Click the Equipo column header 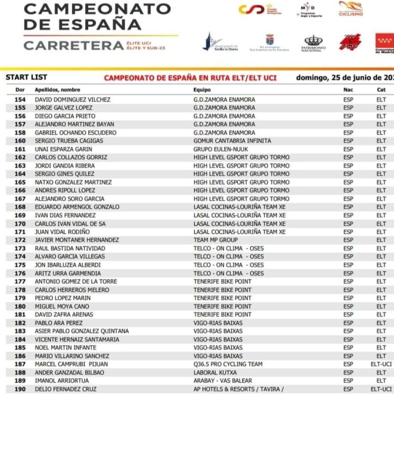point(202,90)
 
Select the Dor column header point(20,90)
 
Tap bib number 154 point(20,100)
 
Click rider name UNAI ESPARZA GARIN point(63,149)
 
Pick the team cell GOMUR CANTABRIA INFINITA point(232,141)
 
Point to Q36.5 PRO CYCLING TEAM point(228,364)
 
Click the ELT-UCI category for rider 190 point(381,389)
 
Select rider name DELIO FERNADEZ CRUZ point(66,389)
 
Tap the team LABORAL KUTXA point(215,372)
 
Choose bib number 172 point(20,240)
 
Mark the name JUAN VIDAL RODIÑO point(62,231)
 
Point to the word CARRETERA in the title point(73,45)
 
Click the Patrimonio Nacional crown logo point(313,42)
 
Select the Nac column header point(348,90)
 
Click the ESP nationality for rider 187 point(348,364)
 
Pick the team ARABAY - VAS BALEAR point(223,380)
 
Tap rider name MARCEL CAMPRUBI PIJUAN point(71,364)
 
